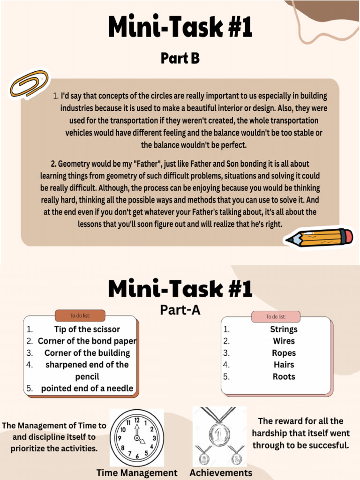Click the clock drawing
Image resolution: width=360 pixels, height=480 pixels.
(x=137, y=438)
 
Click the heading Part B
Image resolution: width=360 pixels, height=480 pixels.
(x=180, y=58)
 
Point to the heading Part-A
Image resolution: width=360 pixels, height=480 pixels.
(x=180, y=310)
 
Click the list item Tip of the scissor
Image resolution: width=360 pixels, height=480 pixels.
(x=87, y=330)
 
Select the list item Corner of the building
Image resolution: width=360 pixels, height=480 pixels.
(x=87, y=353)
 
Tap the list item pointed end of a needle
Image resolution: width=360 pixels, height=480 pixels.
(x=87, y=388)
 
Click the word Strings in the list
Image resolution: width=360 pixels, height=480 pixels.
(x=284, y=330)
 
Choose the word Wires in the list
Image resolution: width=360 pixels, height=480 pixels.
(x=284, y=341)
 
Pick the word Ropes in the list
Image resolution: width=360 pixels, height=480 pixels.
(x=284, y=353)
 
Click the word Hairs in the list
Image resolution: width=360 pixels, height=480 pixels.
(x=284, y=365)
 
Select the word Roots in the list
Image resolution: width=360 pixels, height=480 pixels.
(x=284, y=376)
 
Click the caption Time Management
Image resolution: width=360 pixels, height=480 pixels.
(x=137, y=472)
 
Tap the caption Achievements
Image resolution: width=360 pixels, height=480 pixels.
(x=221, y=472)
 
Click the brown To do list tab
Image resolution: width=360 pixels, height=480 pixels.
(x=80, y=315)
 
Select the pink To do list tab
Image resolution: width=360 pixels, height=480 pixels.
(x=276, y=316)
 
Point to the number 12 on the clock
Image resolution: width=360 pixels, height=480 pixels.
(x=137, y=420)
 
